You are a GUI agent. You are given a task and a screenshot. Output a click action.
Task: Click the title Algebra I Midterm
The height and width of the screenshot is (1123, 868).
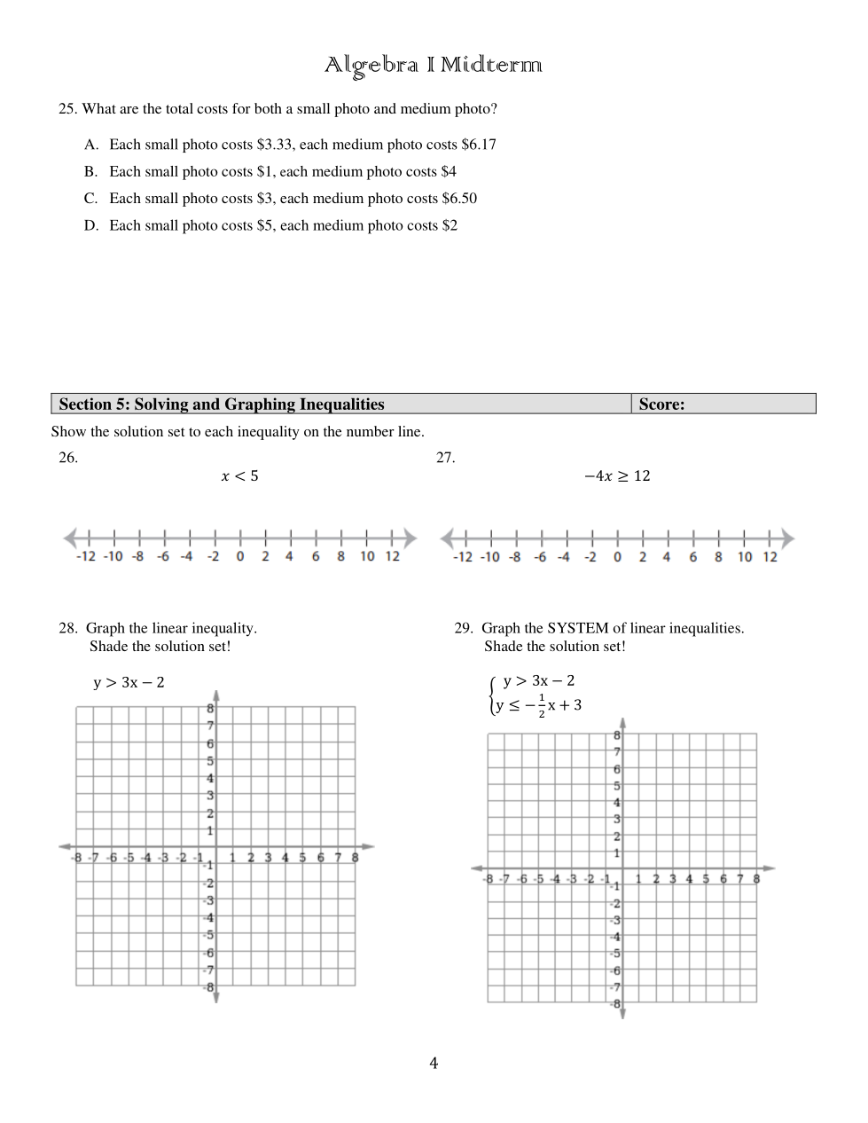click(433, 65)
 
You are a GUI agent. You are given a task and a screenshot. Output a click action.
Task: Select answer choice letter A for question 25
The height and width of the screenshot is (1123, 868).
click(91, 145)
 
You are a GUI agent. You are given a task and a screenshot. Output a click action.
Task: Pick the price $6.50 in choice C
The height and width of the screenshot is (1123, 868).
click(459, 199)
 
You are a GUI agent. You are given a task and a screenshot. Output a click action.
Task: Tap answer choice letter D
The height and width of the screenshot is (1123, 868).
click(91, 226)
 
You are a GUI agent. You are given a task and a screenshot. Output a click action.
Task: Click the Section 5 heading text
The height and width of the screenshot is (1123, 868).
click(222, 404)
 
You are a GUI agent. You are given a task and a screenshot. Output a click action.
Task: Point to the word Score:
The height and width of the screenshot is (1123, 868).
click(661, 404)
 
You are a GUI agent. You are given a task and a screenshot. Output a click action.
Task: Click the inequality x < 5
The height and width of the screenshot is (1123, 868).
click(239, 476)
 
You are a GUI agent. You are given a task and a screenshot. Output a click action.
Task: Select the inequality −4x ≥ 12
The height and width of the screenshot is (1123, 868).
click(617, 476)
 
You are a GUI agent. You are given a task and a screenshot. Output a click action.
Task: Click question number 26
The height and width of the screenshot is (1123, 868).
click(68, 458)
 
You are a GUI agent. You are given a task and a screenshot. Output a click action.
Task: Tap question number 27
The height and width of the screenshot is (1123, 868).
click(445, 458)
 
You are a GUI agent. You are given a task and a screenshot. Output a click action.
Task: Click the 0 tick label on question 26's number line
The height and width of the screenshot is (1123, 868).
click(240, 557)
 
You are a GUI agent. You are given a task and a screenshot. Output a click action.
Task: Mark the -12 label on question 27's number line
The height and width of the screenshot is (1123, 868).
click(463, 557)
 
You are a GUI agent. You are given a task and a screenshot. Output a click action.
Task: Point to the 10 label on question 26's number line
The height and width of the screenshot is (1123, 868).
click(367, 557)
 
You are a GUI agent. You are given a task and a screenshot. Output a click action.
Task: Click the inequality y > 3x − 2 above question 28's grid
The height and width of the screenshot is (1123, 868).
click(129, 683)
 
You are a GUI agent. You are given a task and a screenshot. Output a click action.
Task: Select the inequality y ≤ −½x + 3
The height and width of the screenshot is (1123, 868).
click(539, 706)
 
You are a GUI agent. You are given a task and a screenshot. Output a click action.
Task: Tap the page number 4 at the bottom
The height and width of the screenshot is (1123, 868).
click(434, 1064)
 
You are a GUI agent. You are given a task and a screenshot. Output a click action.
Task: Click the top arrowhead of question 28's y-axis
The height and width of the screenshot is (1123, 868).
click(216, 696)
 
